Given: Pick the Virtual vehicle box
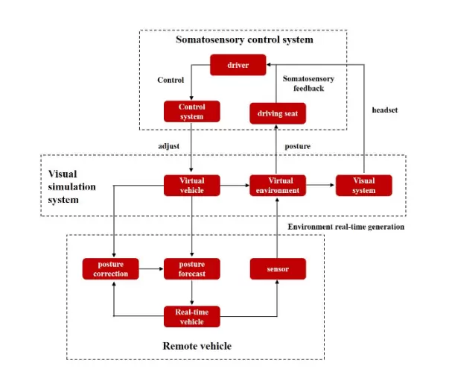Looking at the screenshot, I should (x=193, y=184).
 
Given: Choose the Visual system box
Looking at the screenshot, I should (x=363, y=184).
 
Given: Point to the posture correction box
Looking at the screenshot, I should (x=112, y=268).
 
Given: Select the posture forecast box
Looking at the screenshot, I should (x=193, y=268).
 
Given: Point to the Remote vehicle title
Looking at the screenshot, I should (x=197, y=346).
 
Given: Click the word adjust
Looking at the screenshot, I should (x=171, y=145).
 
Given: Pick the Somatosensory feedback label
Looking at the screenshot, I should (x=308, y=83).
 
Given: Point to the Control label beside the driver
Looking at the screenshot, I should (x=171, y=80).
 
